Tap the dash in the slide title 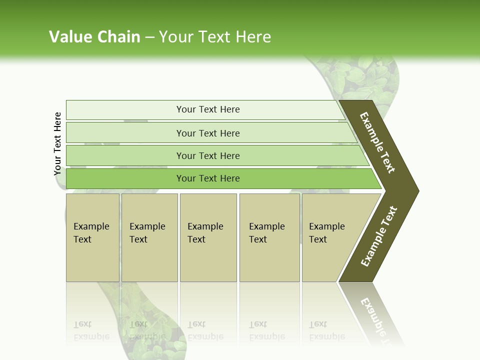149,37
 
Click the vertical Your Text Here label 58,143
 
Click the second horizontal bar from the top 208,133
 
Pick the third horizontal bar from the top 208,155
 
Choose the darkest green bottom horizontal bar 208,178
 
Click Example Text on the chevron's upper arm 377,142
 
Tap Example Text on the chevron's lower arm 378,236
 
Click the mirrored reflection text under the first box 91,330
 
